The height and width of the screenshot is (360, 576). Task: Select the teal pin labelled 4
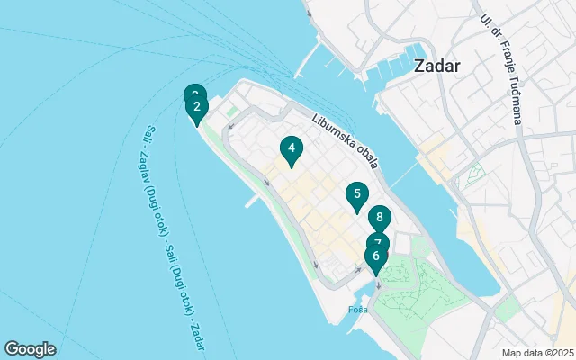pos(291,149)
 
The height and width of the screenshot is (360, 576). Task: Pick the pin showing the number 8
pos(380,218)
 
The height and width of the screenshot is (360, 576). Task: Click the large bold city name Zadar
pos(437,66)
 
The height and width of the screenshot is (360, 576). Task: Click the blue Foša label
pos(357,310)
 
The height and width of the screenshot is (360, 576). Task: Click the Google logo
pos(30,349)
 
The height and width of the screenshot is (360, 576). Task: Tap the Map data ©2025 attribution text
pos(536,353)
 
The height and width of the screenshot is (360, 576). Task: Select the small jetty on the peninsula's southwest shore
pos(253,202)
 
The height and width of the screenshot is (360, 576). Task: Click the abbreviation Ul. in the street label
pos(486,20)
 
